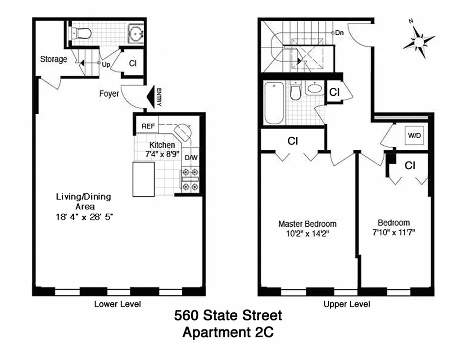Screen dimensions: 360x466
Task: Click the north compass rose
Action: [419, 42]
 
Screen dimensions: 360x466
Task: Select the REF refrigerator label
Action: [148, 126]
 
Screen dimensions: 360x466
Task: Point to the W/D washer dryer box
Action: [415, 135]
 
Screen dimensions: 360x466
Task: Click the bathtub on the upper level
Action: [274, 103]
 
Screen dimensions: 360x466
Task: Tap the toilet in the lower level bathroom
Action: [82, 33]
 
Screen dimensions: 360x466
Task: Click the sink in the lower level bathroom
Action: [136, 32]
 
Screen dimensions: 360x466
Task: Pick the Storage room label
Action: [54, 59]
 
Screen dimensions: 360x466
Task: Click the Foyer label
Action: [109, 94]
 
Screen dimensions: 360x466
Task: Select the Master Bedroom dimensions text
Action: [307, 234]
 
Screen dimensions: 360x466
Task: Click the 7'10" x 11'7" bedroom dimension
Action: [394, 233]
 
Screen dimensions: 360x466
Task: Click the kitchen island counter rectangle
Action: [144, 179]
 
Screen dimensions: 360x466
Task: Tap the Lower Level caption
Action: [118, 304]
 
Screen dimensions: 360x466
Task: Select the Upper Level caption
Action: [347, 304]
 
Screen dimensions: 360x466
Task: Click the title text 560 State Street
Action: [228, 315]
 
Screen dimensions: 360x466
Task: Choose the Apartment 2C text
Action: [228, 333]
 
